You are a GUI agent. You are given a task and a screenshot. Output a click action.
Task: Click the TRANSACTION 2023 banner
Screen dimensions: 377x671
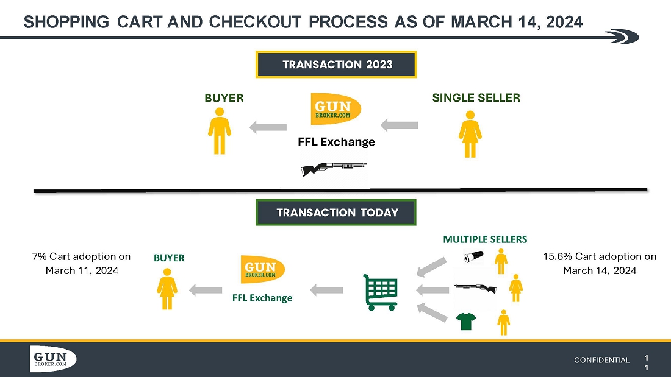[336, 65]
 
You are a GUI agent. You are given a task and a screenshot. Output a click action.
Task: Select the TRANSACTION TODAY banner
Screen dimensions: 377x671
[336, 212]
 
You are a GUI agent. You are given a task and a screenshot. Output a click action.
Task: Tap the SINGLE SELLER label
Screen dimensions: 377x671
[476, 97]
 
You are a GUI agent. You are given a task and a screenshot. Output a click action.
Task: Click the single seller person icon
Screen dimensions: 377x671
[470, 134]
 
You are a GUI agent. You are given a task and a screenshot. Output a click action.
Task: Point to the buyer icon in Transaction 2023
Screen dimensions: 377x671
[220, 131]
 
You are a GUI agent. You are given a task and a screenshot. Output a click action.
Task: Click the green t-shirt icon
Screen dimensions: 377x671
[467, 321]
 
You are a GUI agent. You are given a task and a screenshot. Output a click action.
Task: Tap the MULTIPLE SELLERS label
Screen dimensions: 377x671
[485, 239]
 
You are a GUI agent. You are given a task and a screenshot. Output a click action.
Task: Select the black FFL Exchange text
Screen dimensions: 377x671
[336, 142]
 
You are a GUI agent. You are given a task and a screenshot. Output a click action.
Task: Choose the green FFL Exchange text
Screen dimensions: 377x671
[262, 298]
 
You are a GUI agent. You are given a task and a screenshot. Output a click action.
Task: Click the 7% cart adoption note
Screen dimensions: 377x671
[82, 263]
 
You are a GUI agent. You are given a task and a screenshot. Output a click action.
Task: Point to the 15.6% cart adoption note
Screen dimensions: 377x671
[599, 263]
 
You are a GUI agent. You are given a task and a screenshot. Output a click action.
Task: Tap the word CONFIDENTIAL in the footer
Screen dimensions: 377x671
[601, 360]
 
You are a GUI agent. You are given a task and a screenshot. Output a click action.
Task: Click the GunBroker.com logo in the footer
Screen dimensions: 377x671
[53, 359]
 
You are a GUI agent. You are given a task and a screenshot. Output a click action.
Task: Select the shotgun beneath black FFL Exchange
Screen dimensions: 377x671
[334, 167]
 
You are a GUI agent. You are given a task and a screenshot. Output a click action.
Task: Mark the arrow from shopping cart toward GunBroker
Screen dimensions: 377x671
[326, 290]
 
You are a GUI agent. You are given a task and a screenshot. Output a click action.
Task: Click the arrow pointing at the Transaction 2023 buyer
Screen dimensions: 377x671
[268, 127]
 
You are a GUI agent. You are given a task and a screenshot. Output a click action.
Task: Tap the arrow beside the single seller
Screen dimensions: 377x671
[400, 125]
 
